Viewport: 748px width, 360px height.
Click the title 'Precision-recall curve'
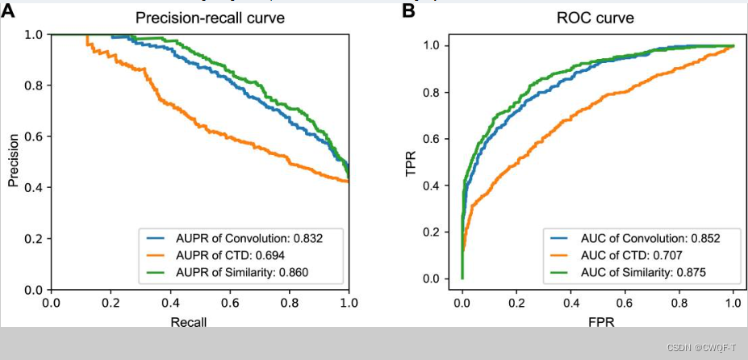tap(199, 18)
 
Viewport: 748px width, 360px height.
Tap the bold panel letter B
tap(409, 11)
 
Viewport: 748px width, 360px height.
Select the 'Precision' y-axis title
tap(13, 161)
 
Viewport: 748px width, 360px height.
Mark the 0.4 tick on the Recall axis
tap(169, 303)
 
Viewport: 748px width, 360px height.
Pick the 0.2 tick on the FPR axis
tap(516, 303)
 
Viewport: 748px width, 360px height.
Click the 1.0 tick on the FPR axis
tap(733, 303)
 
